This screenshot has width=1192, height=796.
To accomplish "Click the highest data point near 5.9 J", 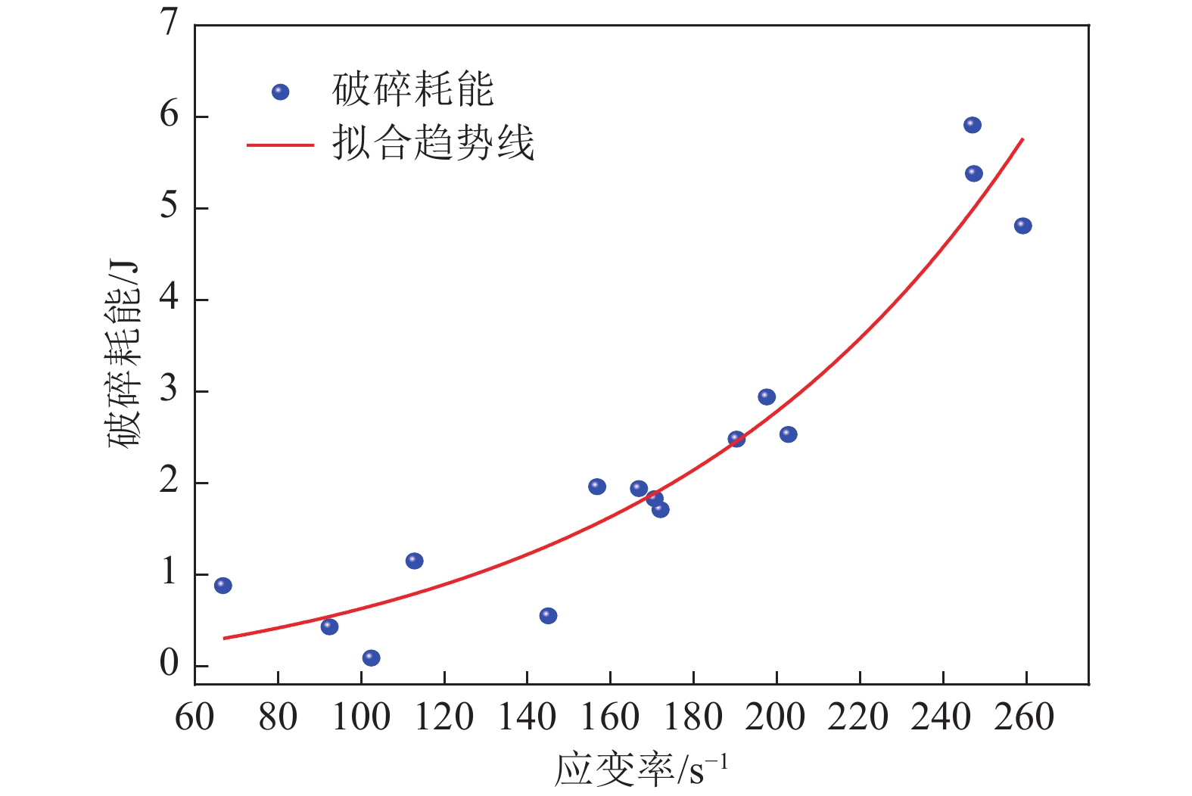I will tap(973, 125).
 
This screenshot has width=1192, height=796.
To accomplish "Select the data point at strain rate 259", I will tap(1022, 225).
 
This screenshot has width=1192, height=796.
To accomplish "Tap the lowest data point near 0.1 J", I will tap(371, 658).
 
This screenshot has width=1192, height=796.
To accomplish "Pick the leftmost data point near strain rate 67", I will tap(223, 585).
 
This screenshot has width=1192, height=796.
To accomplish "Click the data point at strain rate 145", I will tap(548, 615).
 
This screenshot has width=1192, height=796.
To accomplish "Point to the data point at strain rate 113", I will tap(414, 561).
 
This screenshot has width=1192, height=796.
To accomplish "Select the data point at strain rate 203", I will tap(788, 434).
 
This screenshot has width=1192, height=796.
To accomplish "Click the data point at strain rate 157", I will tap(597, 487).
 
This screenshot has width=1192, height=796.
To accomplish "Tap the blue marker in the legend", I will tap(280, 92).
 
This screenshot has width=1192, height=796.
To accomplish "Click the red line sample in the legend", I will tap(280, 145).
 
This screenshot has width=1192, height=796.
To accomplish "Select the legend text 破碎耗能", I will tap(413, 91).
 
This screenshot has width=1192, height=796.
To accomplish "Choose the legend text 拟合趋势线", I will tap(433, 143).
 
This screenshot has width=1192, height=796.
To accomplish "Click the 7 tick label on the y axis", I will tap(169, 23).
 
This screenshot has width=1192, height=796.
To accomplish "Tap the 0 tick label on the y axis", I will tap(169, 664).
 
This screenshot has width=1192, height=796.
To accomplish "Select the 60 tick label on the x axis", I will tap(195, 717).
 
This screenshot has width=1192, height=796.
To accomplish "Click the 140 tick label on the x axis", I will tap(528, 717).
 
